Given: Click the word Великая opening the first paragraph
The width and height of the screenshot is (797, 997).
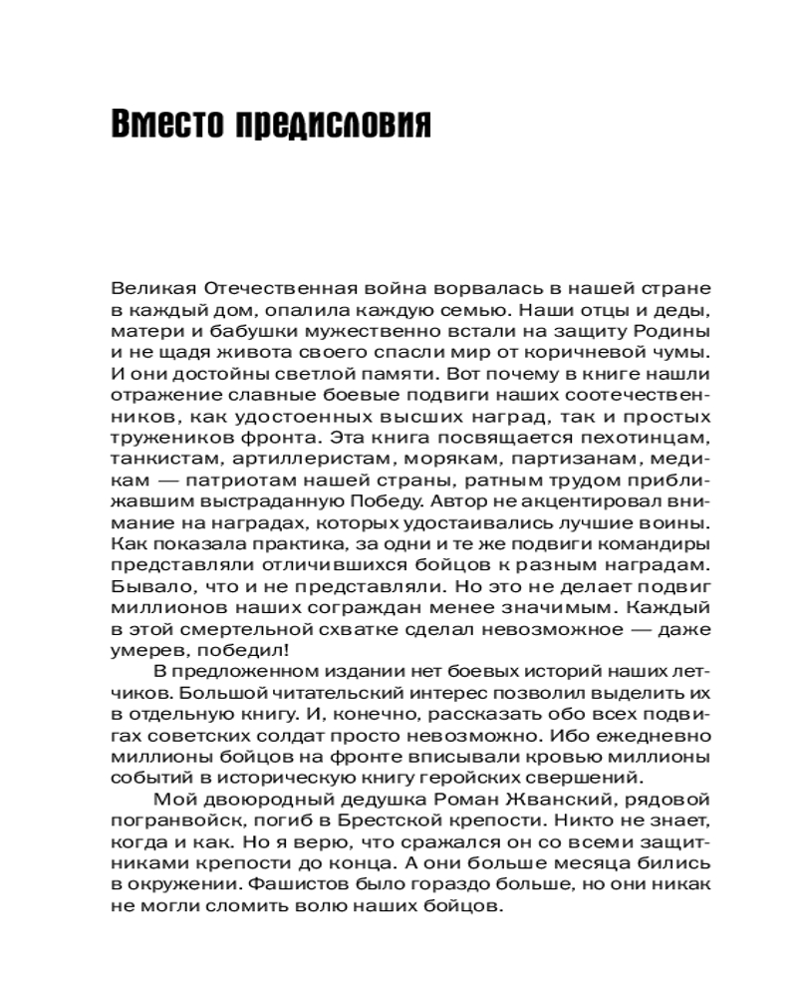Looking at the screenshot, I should [151, 289].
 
